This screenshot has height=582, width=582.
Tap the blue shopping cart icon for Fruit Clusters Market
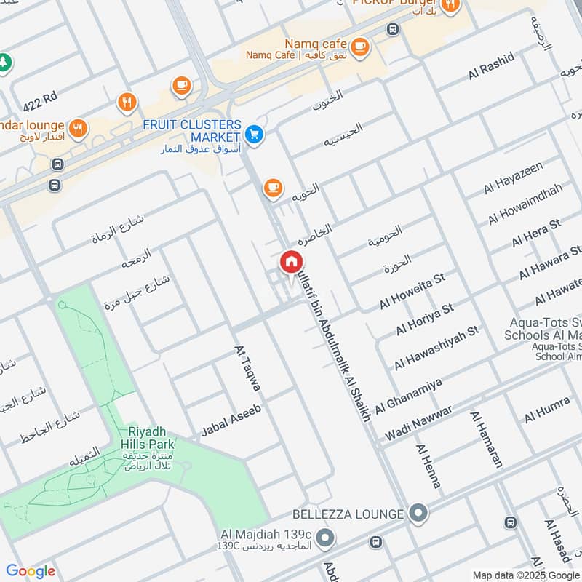(254, 134)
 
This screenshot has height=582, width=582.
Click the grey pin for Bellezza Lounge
(418, 514)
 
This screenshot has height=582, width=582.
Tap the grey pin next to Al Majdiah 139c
(325, 539)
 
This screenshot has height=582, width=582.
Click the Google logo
(31, 570)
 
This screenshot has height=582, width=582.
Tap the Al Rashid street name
(491, 65)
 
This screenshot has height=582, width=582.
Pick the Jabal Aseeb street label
(231, 421)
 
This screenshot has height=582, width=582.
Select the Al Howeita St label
(412, 290)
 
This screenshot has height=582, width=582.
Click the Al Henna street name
(428, 466)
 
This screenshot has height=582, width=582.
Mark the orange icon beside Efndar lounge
(79, 129)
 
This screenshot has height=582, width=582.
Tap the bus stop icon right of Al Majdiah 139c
(375, 542)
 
